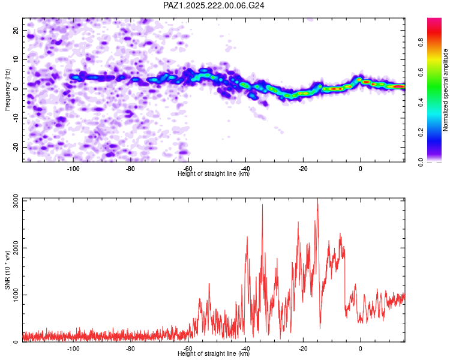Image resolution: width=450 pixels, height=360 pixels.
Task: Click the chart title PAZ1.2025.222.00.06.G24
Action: (x=214, y=5)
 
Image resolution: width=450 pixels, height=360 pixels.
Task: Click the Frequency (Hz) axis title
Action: (x=7, y=90)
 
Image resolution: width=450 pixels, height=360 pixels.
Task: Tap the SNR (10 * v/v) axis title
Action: (x=7, y=270)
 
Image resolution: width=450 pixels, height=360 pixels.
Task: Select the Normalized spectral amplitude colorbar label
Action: (x=445, y=90)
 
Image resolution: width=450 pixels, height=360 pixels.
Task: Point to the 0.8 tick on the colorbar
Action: (x=421, y=43)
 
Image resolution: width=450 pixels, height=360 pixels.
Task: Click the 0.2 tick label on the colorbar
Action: (x=421, y=133)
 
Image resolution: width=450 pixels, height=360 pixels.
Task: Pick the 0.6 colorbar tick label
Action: (x=421, y=73)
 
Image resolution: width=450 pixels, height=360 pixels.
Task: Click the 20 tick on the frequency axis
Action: (x=16, y=30)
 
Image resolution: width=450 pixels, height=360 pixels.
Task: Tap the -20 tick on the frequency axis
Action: (x=16, y=147)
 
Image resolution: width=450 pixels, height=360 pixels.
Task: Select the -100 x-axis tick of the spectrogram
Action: (x=73, y=169)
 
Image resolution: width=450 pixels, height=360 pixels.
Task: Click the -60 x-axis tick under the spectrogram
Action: (x=188, y=169)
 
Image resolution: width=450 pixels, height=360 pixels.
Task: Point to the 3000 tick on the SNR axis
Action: (x=16, y=201)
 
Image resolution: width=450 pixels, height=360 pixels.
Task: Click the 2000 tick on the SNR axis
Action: (x=16, y=248)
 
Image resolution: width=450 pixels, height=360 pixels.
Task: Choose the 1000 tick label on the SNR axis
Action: (x=16, y=295)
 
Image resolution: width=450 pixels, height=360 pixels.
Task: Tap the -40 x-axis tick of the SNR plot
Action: (x=245, y=349)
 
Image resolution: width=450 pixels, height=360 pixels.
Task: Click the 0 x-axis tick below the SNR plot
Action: (x=361, y=349)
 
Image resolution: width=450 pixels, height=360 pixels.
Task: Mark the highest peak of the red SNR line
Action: (x=317, y=199)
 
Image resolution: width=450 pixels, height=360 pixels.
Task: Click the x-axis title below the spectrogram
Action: (x=214, y=173)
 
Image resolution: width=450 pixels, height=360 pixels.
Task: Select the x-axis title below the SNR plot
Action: (x=214, y=353)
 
